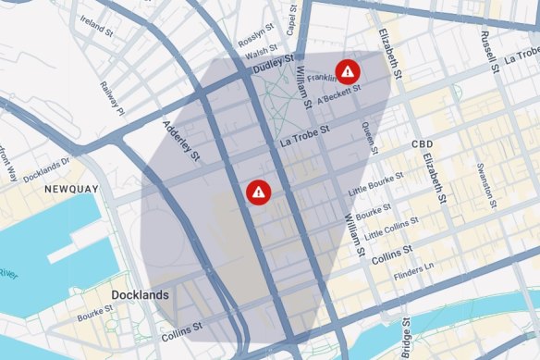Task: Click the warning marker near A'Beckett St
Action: [348, 69]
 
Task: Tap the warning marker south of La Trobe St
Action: [259, 192]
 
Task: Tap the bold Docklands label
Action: [140, 295]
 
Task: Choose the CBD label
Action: [423, 146]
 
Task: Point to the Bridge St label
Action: [405, 339]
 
